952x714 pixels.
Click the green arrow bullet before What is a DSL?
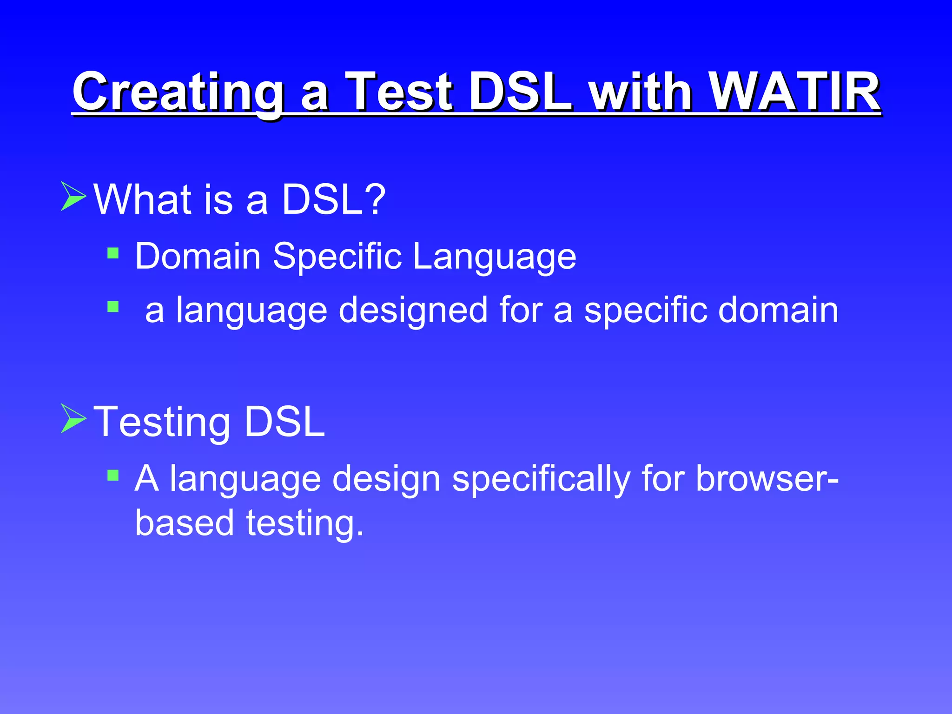point(73,197)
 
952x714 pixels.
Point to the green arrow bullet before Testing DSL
point(73,419)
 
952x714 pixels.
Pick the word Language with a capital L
point(495,257)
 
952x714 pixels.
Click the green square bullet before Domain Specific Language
point(113,253)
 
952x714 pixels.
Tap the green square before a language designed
point(113,307)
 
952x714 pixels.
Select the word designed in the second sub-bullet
point(413,311)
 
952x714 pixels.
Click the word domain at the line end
point(778,310)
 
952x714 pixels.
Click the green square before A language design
point(113,475)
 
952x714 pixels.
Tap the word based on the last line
point(184,522)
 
